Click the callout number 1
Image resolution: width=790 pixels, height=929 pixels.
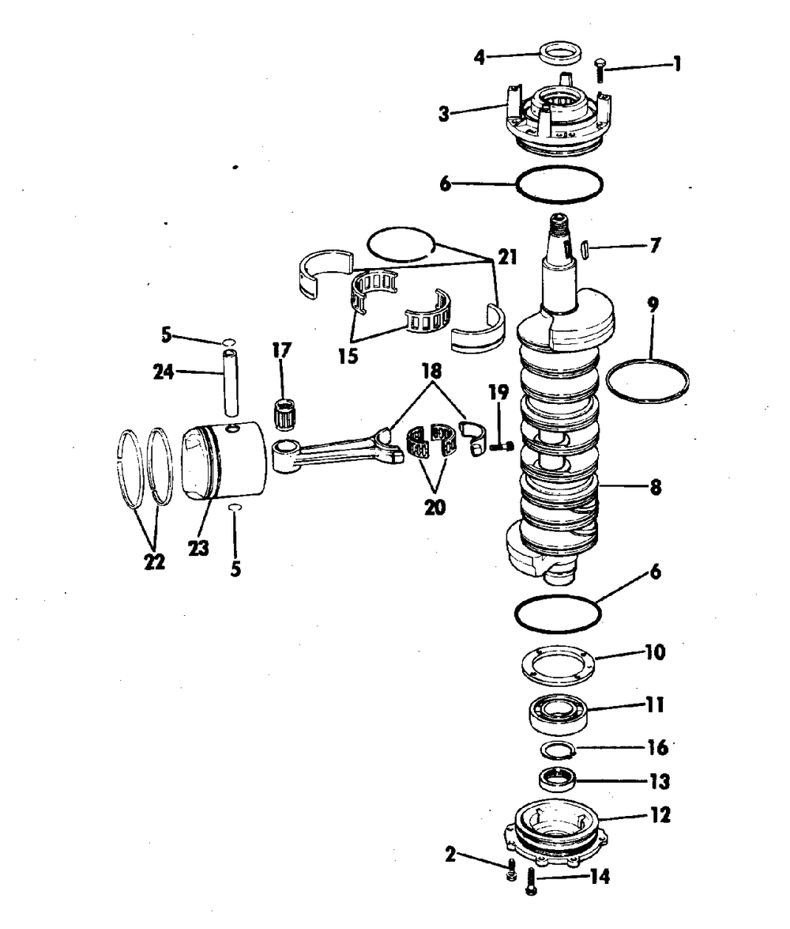(677, 64)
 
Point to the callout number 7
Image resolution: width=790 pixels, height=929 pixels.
(654, 245)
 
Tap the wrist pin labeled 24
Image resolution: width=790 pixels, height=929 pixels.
(231, 383)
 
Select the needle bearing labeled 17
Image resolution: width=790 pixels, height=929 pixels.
(286, 410)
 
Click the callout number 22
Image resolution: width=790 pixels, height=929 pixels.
(154, 561)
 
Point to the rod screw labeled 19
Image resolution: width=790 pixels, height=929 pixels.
(500, 446)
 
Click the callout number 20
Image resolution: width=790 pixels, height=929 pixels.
(434, 507)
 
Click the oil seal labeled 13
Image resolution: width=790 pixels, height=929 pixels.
(557, 779)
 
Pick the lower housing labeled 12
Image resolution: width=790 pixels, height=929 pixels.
(556, 833)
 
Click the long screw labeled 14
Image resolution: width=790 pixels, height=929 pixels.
(531, 881)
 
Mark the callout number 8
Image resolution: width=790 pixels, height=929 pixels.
(655, 488)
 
